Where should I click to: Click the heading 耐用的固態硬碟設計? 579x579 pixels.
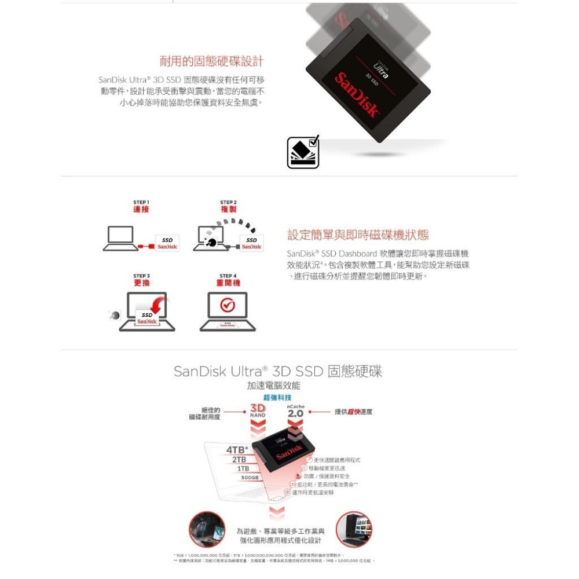211,61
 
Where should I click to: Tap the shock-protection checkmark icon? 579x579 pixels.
303,153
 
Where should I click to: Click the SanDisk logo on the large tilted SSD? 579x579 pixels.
358,94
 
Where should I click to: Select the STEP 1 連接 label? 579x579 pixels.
141,206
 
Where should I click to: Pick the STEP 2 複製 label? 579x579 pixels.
228,206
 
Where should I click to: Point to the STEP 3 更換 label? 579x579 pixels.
141,280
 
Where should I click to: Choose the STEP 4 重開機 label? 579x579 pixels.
228,280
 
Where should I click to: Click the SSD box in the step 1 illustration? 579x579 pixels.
167,243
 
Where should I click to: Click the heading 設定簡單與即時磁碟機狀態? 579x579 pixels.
358,234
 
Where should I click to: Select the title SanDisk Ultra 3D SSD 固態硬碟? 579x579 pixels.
278,371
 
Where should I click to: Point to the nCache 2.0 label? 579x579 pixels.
295,412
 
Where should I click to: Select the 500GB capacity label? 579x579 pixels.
250,478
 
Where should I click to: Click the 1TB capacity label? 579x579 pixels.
243,468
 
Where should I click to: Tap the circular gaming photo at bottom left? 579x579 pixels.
207,529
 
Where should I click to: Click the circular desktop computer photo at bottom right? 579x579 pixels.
354,529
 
